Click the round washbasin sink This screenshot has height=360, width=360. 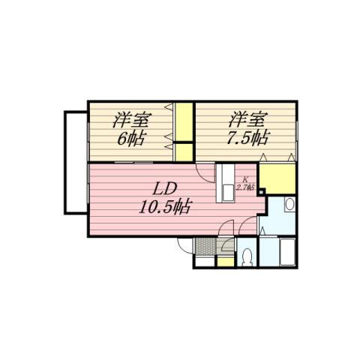(289, 204)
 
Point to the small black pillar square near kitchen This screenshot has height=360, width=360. (260, 190)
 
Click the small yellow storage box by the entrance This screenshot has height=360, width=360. (223, 261)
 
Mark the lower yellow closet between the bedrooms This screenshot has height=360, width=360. (184, 149)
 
